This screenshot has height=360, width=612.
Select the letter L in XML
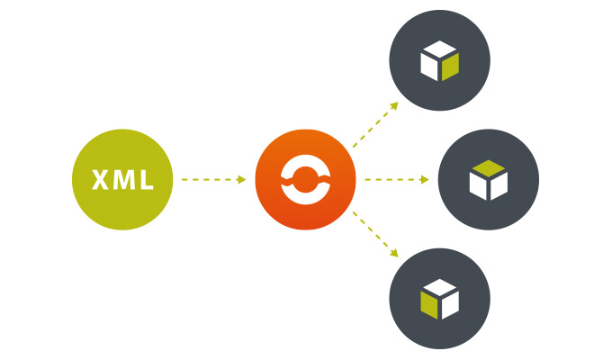click(x=144, y=180)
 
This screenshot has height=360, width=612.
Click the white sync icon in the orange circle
click(x=304, y=180)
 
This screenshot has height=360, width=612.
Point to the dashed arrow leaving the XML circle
click(x=211, y=180)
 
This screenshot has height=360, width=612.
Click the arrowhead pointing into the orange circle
click(x=241, y=180)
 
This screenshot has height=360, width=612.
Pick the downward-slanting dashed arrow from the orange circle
click(x=373, y=235)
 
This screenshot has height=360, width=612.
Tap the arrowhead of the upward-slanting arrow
click(x=395, y=104)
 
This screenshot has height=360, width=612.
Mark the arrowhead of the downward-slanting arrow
click(x=395, y=256)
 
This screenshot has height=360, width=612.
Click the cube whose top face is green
click(x=489, y=180)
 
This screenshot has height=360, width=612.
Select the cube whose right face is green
click(x=439, y=61)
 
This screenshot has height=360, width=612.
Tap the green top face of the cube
click(x=489, y=166)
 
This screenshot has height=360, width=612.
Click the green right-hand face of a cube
click(x=450, y=67)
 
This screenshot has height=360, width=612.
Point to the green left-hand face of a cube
click(x=429, y=304)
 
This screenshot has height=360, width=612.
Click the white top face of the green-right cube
click(x=439, y=49)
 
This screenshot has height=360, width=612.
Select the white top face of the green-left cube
click(x=439, y=287)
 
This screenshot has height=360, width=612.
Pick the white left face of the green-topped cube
click(x=479, y=185)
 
